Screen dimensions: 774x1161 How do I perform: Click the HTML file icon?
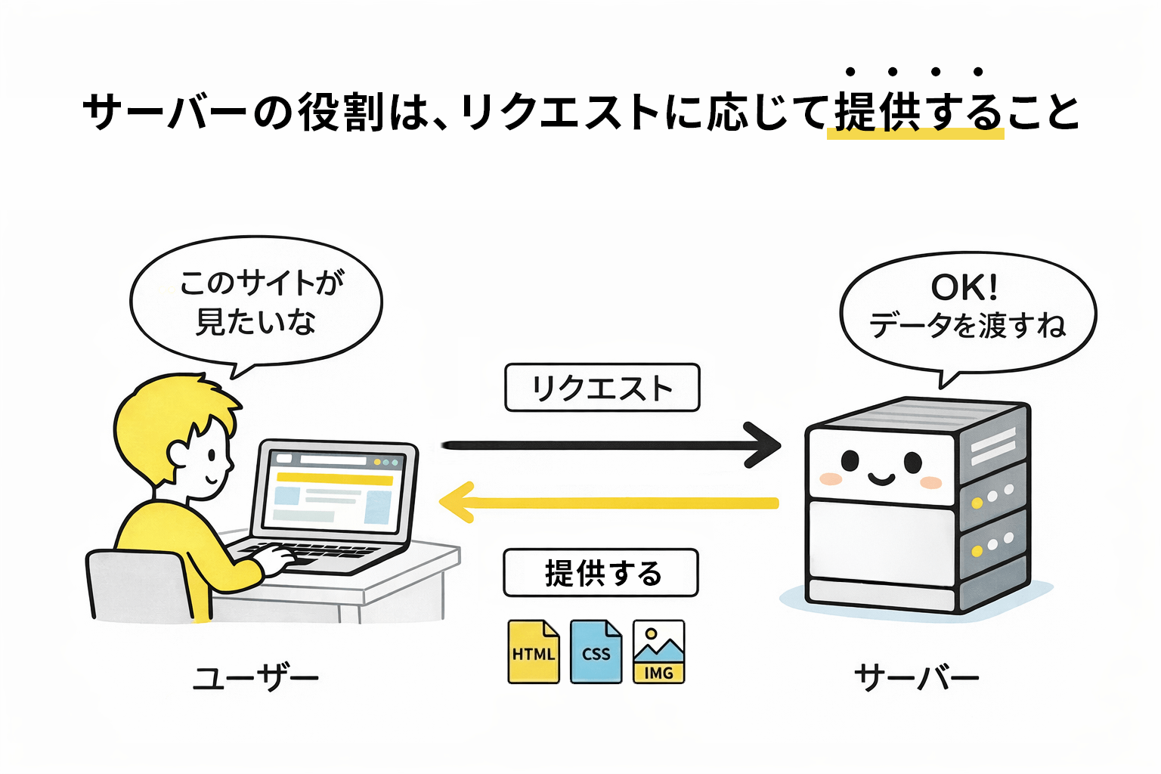534,652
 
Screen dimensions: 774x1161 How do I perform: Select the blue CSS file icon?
596,652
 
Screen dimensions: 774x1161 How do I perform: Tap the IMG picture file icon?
658,652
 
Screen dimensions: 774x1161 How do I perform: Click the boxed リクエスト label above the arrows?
602,388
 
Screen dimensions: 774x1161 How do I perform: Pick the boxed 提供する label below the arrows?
601,573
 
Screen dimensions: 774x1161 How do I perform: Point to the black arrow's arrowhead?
765,444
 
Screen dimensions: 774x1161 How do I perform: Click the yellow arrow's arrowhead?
456,503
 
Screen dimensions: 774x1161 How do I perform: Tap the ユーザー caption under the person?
255,677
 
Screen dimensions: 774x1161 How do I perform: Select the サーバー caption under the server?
916,677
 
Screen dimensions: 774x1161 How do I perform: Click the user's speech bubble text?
257,302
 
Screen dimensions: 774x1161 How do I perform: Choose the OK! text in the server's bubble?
964,288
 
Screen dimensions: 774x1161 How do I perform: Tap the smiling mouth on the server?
881,478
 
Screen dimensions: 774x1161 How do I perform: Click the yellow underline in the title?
915,135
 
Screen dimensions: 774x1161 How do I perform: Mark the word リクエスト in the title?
560,113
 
